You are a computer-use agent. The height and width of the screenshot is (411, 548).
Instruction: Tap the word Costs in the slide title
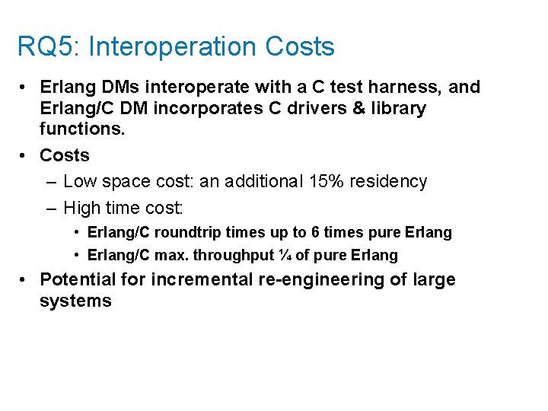(x=300, y=47)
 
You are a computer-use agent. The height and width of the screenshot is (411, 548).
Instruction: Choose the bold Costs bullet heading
(x=65, y=155)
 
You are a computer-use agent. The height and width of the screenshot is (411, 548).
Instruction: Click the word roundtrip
(x=187, y=233)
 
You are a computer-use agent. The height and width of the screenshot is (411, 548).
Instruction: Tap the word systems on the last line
(x=75, y=301)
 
